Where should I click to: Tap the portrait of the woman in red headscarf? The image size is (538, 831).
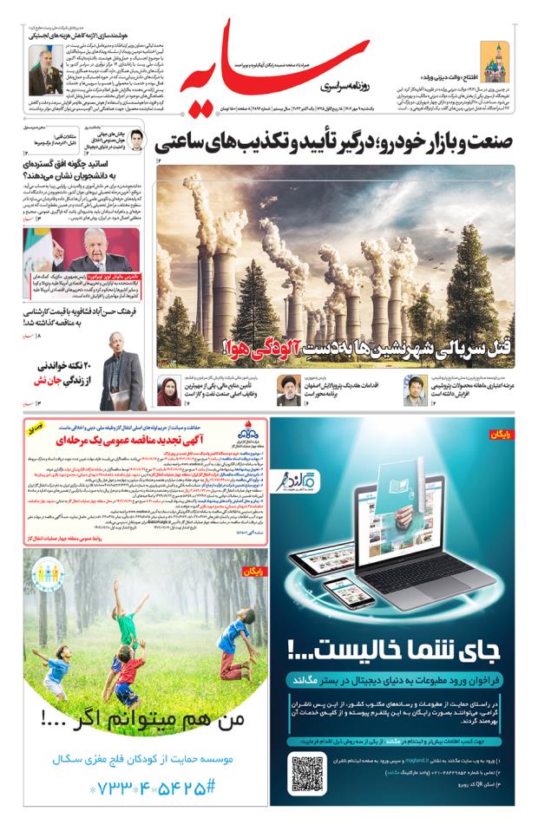[168, 391]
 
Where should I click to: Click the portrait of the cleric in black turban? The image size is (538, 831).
[285, 391]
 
